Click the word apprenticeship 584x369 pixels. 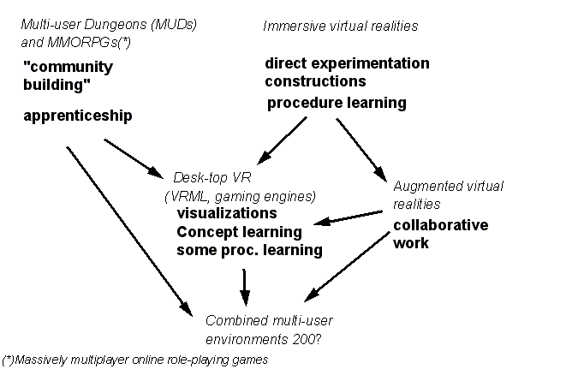coord(78,116)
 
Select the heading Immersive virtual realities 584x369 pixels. coord(341,26)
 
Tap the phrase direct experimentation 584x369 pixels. coord(347,63)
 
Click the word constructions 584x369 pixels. coord(315,81)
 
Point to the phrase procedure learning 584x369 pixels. coord(337,103)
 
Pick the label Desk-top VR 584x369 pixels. coord(212,177)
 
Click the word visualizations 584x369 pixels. coord(227,213)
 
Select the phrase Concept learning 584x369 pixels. coord(239,232)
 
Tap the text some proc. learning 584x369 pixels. coord(249,250)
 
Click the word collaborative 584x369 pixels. coord(441,225)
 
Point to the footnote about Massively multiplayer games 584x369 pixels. coord(134,360)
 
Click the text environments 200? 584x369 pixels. coord(264,340)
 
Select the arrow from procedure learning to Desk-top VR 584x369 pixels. coord(282,140)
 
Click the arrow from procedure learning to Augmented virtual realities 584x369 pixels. coord(361,150)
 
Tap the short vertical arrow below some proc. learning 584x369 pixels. coord(244,288)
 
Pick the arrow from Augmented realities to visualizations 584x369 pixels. coord(349,218)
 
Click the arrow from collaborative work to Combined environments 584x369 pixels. coord(347,266)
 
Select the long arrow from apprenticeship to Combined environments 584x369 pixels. coord(129,232)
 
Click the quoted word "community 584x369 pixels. coord(69,67)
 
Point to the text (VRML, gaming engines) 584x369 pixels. coord(241,196)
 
